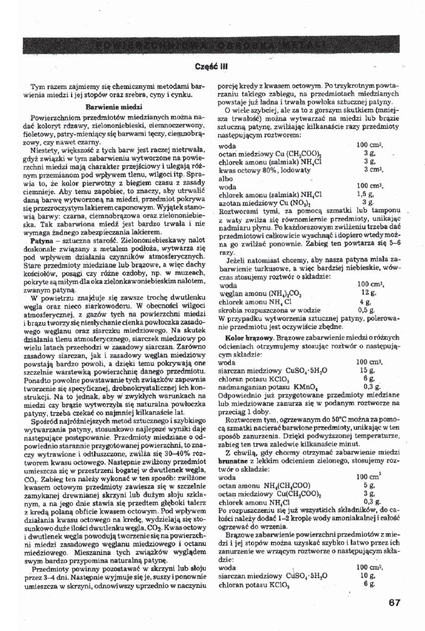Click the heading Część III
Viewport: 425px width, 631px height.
pos(213,66)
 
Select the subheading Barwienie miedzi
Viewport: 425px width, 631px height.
pos(114,105)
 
